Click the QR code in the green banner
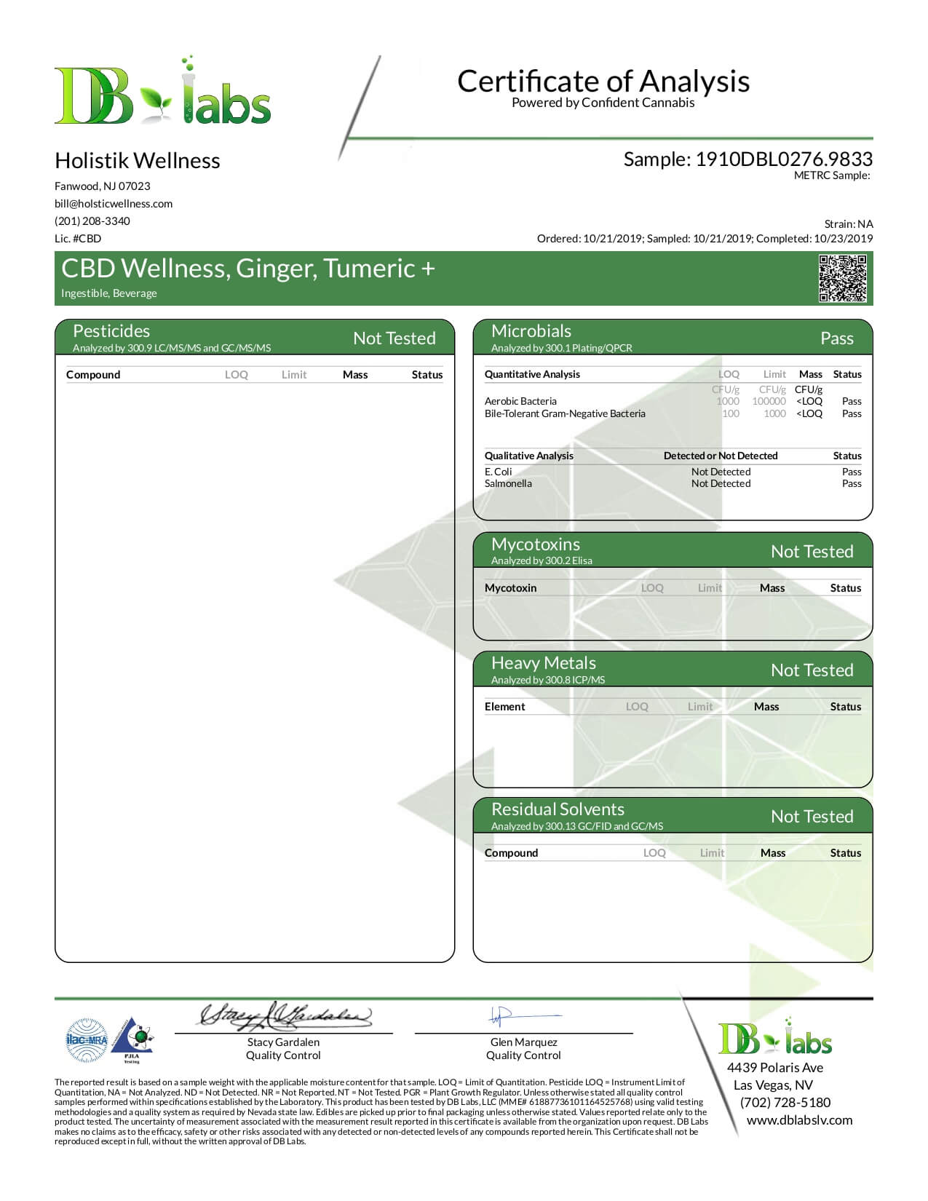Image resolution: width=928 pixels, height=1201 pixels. (x=843, y=278)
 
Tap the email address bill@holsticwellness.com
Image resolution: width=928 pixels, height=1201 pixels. (x=114, y=204)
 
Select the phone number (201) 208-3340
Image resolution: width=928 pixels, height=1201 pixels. (x=92, y=221)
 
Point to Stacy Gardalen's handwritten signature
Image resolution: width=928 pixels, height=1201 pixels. (x=285, y=1015)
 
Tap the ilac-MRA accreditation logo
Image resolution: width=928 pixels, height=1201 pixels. (x=87, y=1040)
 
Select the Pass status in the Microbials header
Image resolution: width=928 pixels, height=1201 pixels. (x=836, y=338)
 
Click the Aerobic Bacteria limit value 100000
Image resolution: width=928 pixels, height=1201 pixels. (x=769, y=401)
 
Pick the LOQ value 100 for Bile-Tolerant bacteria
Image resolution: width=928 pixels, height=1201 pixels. (x=731, y=413)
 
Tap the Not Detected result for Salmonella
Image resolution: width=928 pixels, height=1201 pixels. (x=721, y=483)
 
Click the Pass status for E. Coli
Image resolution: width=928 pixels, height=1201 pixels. (x=852, y=472)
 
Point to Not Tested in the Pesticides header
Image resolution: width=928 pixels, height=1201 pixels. (x=394, y=338)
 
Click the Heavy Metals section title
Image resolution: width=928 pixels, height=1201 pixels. (x=543, y=663)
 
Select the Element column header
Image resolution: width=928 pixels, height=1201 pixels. (x=504, y=707)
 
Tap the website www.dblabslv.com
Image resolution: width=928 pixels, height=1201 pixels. (x=799, y=1120)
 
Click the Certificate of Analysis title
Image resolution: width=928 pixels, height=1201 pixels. (x=603, y=81)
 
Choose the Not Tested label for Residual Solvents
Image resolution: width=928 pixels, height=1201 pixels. (x=812, y=817)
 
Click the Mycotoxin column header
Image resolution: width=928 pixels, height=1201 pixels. (x=510, y=588)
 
